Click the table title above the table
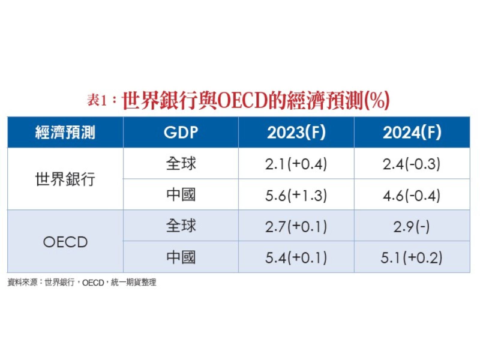point(239,100)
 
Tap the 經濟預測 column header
point(65,133)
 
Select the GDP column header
point(181,133)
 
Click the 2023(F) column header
point(296,133)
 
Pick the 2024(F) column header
point(412,133)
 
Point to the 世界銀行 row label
point(65,179)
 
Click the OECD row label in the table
point(65,242)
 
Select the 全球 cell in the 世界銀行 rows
point(181,163)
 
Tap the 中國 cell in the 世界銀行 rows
point(181,194)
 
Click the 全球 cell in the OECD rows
point(181,226)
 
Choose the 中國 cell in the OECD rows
point(181,257)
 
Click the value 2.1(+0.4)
point(296,163)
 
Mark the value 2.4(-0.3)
point(412,163)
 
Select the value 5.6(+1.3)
point(296,194)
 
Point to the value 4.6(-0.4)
point(412,194)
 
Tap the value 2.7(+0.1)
point(296,226)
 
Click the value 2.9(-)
point(412,226)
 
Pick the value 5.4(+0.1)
point(296,257)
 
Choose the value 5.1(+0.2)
point(412,257)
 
